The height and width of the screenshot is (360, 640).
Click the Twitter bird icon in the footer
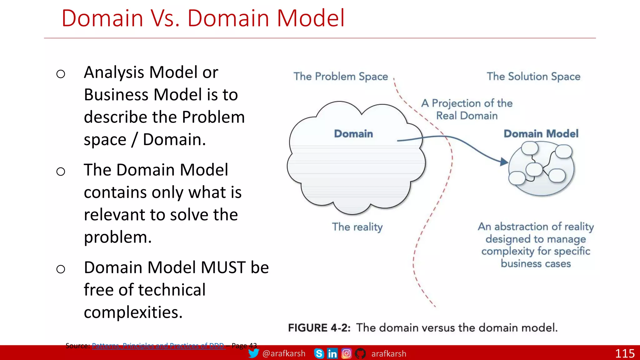tap(253, 353)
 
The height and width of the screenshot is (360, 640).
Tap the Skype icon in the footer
tap(319, 353)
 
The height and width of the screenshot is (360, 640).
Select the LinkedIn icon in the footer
tap(332, 353)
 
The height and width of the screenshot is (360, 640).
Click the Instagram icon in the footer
tap(346, 353)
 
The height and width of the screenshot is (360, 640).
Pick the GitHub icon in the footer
tap(360, 353)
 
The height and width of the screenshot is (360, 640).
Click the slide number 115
tap(625, 353)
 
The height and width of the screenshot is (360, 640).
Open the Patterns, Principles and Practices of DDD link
tap(158, 346)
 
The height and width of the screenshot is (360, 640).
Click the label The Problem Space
tap(341, 77)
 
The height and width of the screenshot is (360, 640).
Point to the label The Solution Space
tap(533, 77)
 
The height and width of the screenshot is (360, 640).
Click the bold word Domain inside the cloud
tap(353, 134)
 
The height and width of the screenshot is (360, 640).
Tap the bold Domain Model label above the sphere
tap(541, 134)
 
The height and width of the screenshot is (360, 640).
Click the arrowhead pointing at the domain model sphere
tap(503, 162)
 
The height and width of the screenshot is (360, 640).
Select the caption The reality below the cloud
tap(357, 227)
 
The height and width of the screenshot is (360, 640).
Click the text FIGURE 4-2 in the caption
tap(319, 328)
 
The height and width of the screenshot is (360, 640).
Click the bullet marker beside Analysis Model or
tap(61, 74)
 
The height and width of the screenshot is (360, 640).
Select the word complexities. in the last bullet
tap(133, 312)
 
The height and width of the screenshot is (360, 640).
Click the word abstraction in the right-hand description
tap(521, 227)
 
